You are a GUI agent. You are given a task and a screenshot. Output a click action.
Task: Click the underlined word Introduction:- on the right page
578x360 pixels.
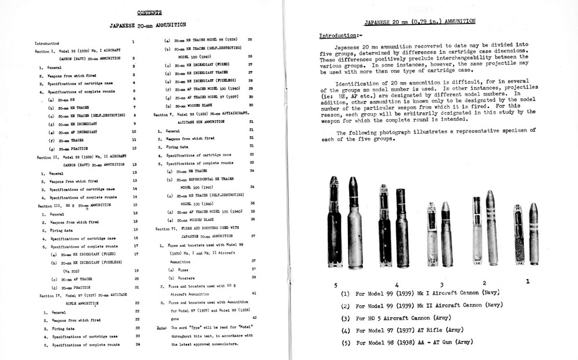point(339,36)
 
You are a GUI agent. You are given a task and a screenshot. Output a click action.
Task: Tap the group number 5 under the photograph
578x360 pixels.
point(335,284)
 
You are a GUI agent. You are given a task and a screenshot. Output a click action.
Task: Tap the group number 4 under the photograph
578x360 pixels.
point(397,284)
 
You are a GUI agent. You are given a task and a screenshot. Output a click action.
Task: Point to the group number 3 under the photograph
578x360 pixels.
point(442,284)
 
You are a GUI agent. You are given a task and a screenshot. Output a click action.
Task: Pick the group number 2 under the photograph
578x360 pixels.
point(484,283)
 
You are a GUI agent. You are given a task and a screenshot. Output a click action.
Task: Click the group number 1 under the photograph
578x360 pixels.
point(527,281)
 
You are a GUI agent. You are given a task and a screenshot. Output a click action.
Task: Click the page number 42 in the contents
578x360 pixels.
point(254,318)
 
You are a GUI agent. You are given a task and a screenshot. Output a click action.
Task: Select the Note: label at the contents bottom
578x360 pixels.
point(162,328)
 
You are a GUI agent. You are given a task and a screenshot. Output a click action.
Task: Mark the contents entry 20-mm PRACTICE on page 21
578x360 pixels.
point(72,287)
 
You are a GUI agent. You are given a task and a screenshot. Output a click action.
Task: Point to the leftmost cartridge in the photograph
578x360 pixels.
point(334,223)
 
